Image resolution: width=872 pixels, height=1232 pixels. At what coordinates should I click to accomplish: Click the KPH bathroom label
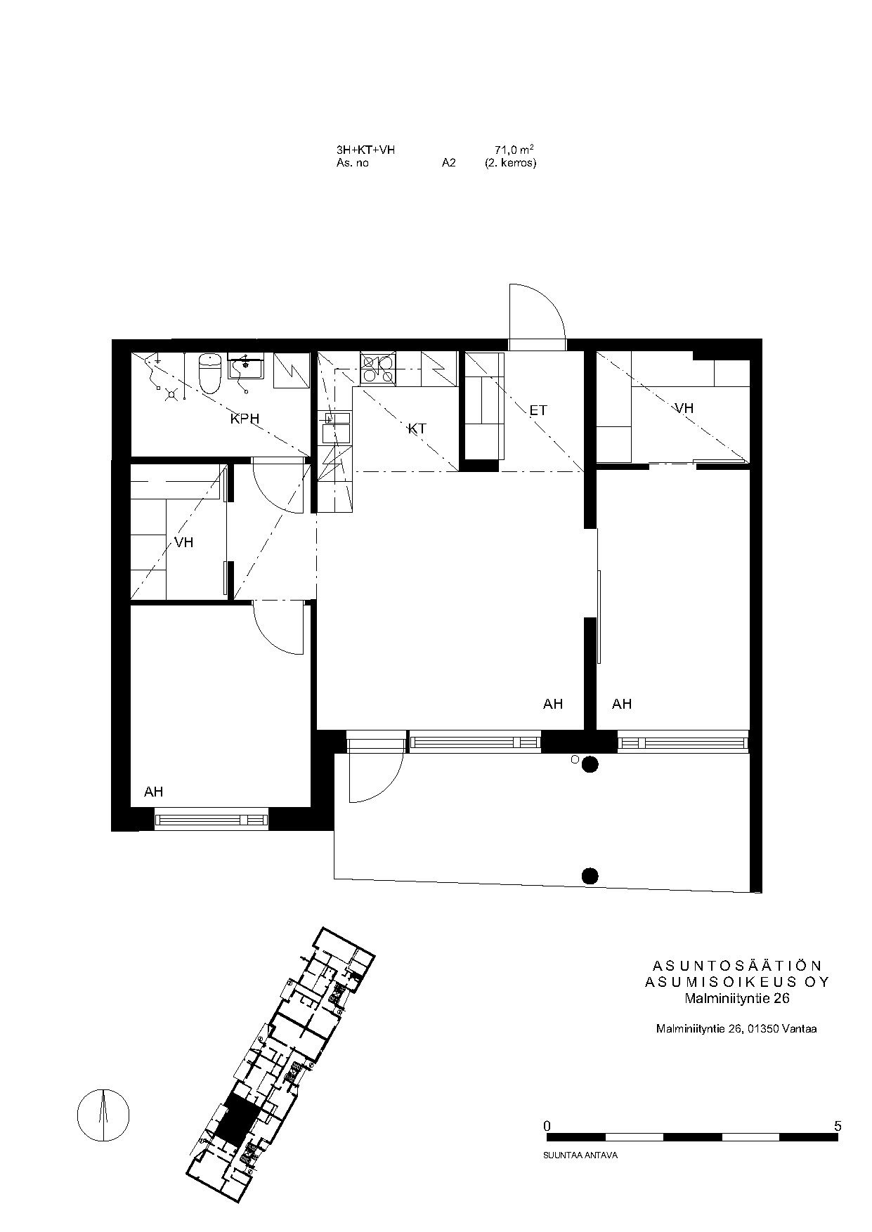tap(245, 419)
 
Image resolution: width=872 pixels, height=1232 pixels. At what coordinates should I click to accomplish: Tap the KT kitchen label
tap(417, 428)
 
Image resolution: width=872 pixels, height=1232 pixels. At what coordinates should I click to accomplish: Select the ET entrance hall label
tap(538, 410)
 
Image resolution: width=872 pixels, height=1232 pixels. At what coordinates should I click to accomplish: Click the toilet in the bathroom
tap(211, 374)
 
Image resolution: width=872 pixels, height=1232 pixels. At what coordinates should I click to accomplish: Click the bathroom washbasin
tap(245, 368)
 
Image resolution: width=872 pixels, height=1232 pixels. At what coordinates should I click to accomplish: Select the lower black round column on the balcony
tap(590, 875)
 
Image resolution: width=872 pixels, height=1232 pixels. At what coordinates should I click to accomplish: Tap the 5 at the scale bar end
tap(837, 1126)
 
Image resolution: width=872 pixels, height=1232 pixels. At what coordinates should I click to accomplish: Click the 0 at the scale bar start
tap(547, 1126)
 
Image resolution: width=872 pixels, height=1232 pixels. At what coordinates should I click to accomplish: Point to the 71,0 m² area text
tap(514, 150)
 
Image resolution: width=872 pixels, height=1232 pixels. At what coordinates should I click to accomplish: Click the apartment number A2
tap(449, 163)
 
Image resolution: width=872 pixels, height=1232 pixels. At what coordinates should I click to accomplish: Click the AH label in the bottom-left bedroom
tap(153, 792)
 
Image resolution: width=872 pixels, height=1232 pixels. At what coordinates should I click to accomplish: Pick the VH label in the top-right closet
tap(684, 407)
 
